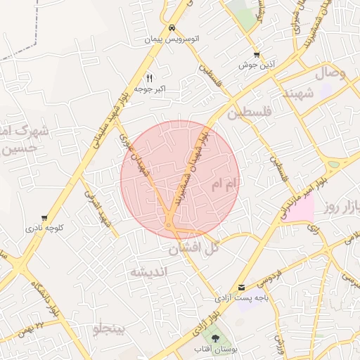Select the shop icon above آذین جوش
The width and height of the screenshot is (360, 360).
(257, 54)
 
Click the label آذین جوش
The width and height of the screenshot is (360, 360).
(257, 65)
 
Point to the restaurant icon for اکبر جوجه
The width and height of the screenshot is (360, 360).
(149, 78)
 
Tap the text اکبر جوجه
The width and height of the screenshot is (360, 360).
(150, 89)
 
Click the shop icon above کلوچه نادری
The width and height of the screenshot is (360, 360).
(45, 218)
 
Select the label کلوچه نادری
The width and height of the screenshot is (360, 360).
(45, 229)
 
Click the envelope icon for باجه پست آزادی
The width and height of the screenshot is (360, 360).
(242, 287)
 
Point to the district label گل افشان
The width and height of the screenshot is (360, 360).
(195, 248)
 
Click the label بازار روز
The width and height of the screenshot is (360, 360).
(342, 207)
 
